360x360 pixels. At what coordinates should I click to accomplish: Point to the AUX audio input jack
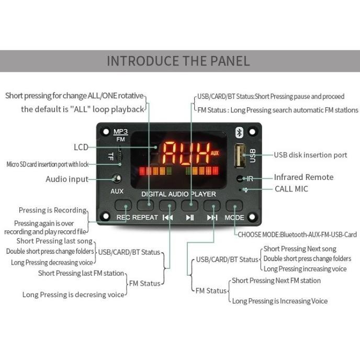coord(117,179)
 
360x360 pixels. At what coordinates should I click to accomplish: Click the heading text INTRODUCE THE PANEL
coord(178,61)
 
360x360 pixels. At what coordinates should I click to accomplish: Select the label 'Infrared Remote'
coord(303,177)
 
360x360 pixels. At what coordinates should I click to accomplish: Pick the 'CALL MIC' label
coord(291,189)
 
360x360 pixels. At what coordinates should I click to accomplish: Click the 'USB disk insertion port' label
coord(310,155)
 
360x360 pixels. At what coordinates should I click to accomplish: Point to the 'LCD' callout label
coord(81,147)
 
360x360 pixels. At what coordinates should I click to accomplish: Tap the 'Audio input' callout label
coord(67,179)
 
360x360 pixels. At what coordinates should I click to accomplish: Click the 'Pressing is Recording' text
coord(52,210)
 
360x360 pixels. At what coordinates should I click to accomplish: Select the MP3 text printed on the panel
coord(120,131)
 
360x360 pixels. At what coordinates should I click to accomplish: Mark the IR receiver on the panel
coord(240,178)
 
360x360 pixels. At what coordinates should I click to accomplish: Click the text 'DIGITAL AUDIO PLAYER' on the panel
coord(178,194)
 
